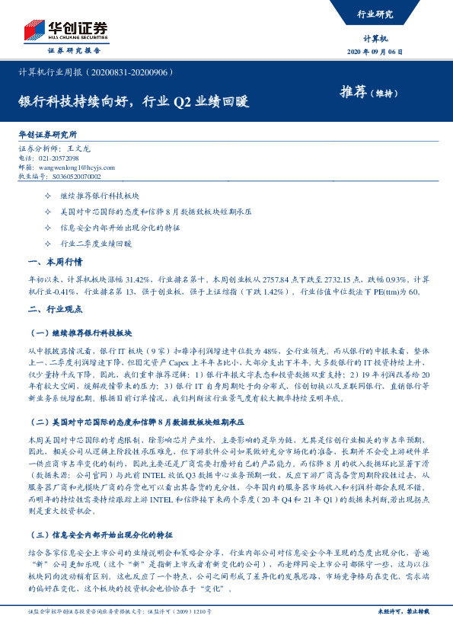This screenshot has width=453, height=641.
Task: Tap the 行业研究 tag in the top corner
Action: click(x=375, y=14)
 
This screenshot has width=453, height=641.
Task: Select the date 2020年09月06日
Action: click(x=375, y=52)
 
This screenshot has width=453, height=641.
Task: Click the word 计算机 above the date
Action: click(x=375, y=37)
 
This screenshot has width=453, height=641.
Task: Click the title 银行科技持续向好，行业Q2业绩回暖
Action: click(x=133, y=100)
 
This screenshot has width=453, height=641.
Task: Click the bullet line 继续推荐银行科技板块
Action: click(x=96, y=196)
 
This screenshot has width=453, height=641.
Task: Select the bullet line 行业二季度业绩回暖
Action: click(x=96, y=244)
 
